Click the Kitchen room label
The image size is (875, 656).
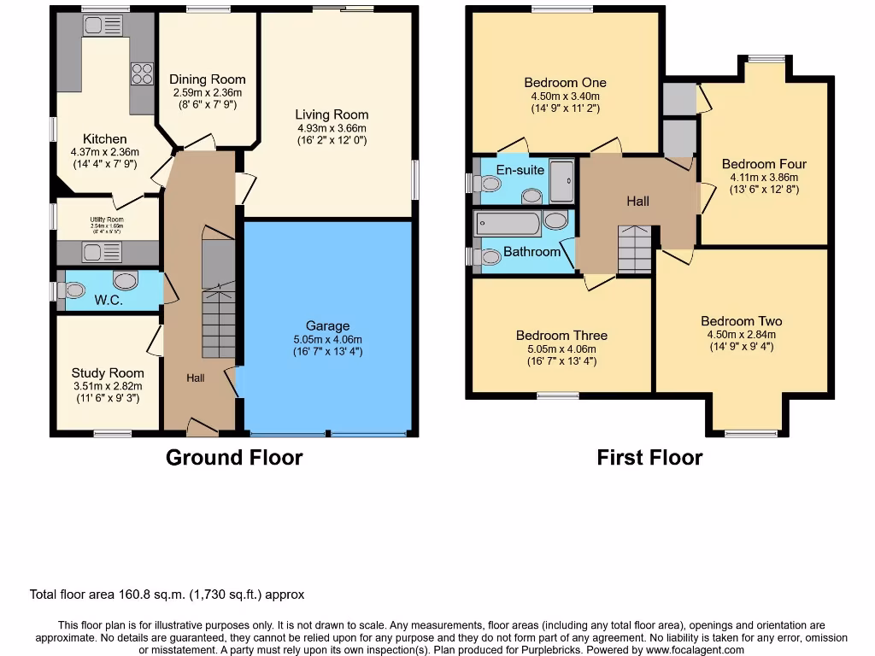[105, 139]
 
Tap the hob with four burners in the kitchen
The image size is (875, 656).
[142, 74]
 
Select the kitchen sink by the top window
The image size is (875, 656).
[103, 26]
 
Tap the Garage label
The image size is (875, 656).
[328, 325]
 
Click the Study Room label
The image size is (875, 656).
[108, 372]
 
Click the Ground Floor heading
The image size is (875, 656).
[234, 458]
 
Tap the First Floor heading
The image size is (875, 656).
[649, 458]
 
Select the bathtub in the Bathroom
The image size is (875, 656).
[508, 224]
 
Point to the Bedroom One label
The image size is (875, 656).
[565, 83]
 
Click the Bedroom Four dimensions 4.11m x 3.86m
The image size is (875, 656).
[763, 177]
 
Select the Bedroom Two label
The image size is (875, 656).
[741, 321]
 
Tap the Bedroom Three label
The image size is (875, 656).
[561, 336]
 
